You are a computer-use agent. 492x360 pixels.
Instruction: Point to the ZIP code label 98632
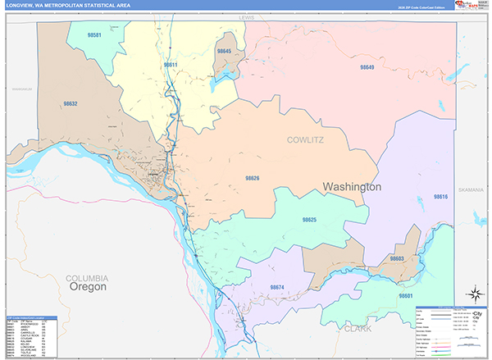coord(70,104)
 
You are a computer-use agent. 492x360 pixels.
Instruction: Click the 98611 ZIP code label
coord(171,63)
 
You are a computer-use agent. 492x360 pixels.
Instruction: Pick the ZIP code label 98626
coord(252,178)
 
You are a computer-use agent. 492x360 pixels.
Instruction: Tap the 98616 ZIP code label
coord(440,197)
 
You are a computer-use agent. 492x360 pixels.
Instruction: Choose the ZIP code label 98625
coord(309,220)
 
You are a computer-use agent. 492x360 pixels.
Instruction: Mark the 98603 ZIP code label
coord(397,258)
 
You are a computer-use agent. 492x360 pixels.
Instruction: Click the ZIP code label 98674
coord(276,287)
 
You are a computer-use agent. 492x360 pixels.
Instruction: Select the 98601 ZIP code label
coord(405,295)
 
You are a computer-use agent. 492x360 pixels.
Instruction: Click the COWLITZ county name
coord(306,140)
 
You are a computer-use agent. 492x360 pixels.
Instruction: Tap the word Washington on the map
coord(352,187)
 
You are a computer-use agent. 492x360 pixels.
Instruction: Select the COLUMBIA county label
coord(87,278)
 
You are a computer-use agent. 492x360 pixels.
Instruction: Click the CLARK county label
coord(357,328)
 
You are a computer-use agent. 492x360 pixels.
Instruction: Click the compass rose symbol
coord(473,293)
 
